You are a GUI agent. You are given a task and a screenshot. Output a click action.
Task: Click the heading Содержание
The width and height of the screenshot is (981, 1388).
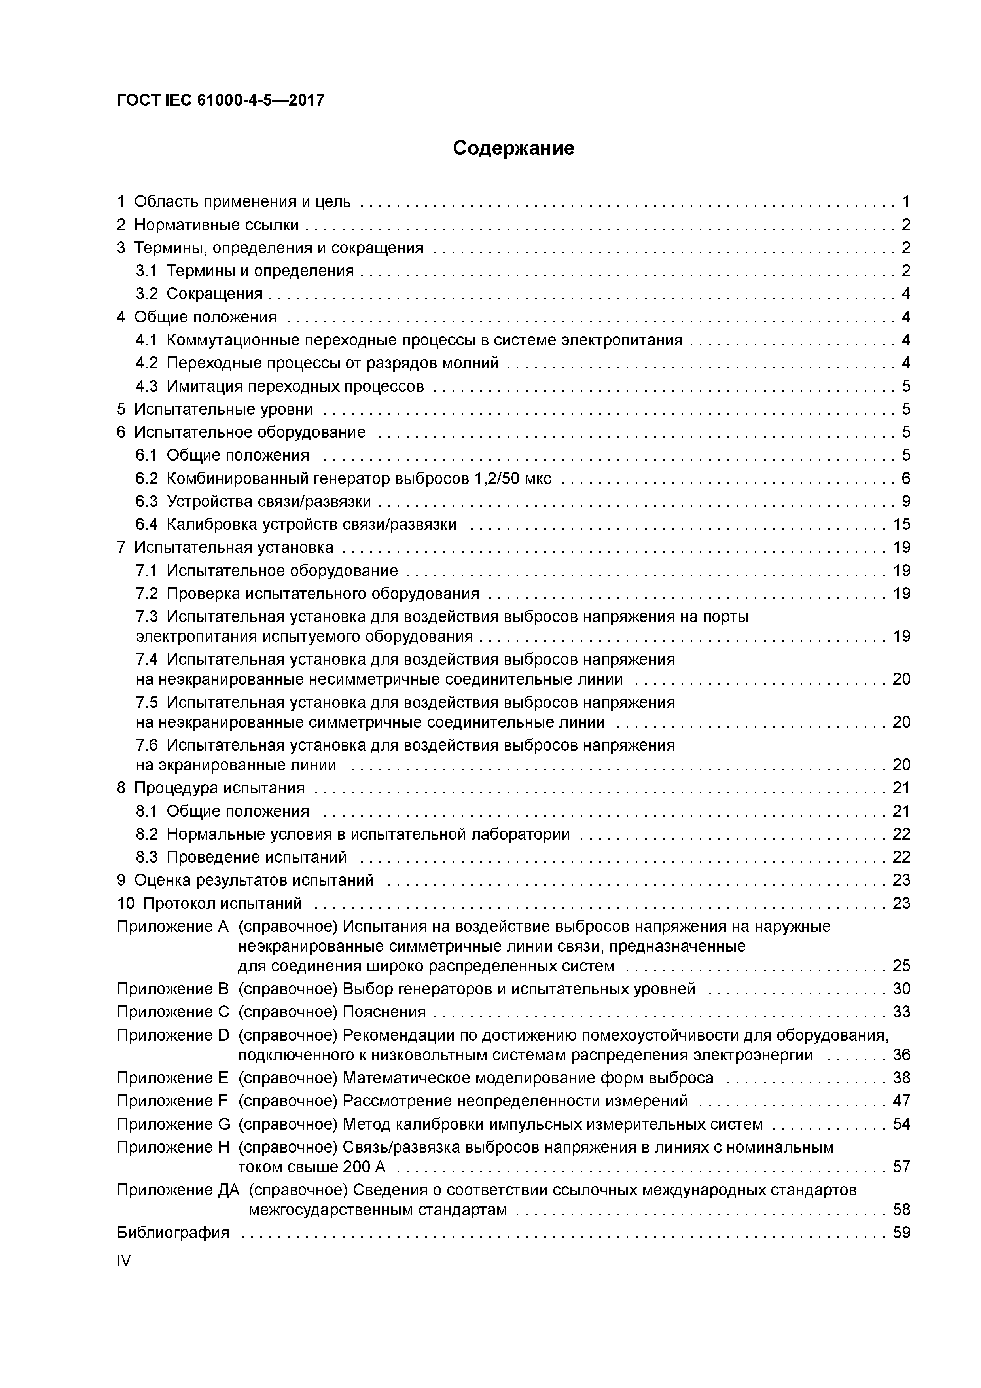click(x=513, y=148)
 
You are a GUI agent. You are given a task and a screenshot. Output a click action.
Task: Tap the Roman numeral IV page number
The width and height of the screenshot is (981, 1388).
click(x=123, y=1261)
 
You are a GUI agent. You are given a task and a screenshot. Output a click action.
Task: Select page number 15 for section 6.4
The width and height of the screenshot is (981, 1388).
click(x=901, y=524)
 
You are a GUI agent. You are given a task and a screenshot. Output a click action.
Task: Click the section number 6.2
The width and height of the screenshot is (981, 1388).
click(x=146, y=478)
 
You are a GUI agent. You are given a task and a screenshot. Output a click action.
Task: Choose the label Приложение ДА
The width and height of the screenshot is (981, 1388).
click(x=178, y=1190)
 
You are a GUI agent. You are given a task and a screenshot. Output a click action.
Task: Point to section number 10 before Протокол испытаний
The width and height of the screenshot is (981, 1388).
click(x=125, y=903)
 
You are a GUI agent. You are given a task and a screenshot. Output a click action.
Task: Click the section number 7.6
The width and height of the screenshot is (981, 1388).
click(x=146, y=745)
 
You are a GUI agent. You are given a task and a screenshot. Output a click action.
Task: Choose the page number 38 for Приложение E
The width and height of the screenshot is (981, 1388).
click(x=901, y=1078)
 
